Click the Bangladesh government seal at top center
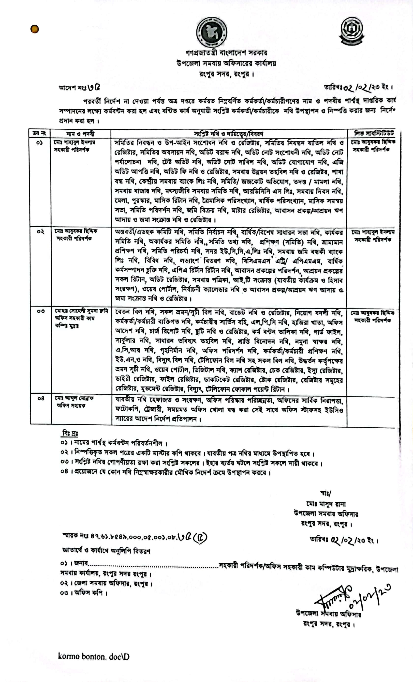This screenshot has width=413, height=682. coord(212,32)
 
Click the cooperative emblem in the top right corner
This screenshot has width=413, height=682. coord(352,31)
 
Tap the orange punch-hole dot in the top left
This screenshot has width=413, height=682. coord(35,29)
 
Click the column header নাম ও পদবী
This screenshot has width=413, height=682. coord(80,134)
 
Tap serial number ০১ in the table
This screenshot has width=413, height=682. coord(39,143)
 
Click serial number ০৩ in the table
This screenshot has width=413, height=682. coord(41,311)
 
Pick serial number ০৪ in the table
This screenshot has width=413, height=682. coord(41,399)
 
